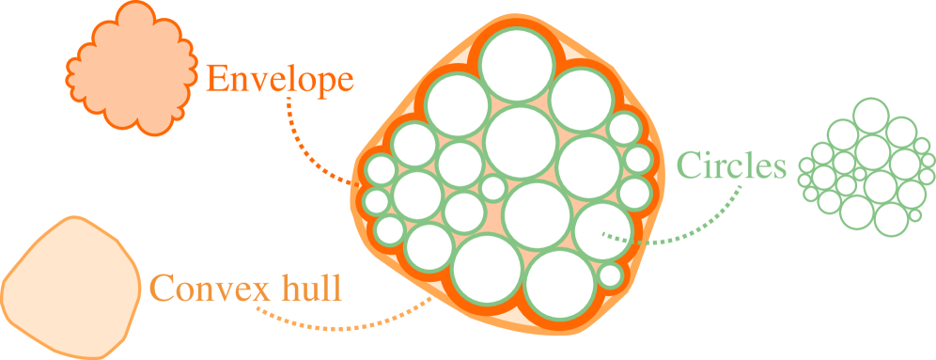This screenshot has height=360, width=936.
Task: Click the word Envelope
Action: tap(280, 80)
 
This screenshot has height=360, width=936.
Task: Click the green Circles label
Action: tap(730, 166)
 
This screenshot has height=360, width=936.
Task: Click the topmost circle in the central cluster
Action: tap(516, 63)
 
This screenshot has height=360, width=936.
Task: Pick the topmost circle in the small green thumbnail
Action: tap(870, 115)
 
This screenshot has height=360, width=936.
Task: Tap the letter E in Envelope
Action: tap(217, 79)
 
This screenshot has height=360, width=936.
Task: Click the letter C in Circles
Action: tap(689, 166)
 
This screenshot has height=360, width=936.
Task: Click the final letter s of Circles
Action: tap(776, 169)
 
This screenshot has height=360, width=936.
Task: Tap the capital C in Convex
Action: tap(163, 288)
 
